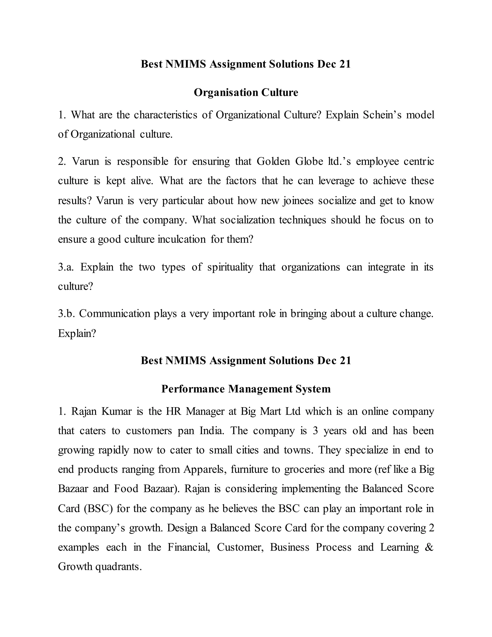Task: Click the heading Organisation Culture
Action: tap(246, 93)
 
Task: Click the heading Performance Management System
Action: tap(246, 389)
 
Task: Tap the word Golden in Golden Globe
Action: tap(273, 161)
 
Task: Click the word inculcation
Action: tap(181, 239)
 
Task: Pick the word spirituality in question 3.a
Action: tap(230, 267)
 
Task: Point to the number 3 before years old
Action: tap(315, 431)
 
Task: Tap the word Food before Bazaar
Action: tap(126, 488)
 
